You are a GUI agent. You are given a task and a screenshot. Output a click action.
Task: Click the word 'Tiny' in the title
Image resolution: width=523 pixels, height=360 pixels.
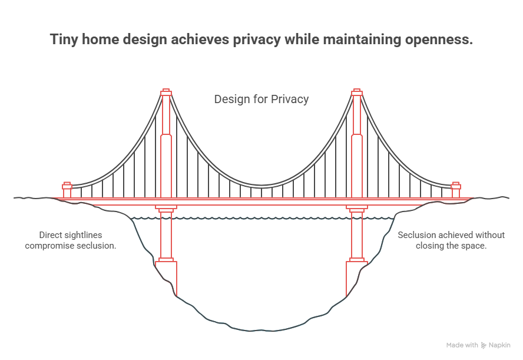pyautogui.click(x=63, y=40)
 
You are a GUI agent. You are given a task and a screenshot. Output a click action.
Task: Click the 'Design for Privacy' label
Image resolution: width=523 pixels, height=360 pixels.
pyautogui.click(x=261, y=99)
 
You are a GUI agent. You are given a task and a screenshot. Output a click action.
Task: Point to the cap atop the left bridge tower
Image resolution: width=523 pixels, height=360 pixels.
pyautogui.click(x=166, y=93)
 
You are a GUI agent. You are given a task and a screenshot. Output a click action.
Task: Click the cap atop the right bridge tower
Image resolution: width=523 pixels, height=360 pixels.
pyautogui.click(x=356, y=93)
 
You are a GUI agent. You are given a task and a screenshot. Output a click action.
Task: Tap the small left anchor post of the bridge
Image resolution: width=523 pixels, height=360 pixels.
pyautogui.click(x=67, y=190)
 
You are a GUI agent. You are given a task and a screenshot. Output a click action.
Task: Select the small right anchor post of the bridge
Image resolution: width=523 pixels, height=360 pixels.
pyautogui.click(x=455, y=190)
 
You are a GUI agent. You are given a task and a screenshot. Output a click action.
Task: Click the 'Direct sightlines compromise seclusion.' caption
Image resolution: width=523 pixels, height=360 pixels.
pyautogui.click(x=71, y=240)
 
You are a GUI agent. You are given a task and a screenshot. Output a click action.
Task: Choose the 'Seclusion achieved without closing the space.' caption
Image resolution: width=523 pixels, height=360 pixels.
pyautogui.click(x=451, y=240)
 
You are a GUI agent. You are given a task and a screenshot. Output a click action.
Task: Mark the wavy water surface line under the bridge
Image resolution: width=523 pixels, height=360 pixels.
pyautogui.click(x=261, y=219)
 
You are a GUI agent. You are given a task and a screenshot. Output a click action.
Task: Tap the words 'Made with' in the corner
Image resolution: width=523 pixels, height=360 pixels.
pyautogui.click(x=462, y=345)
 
